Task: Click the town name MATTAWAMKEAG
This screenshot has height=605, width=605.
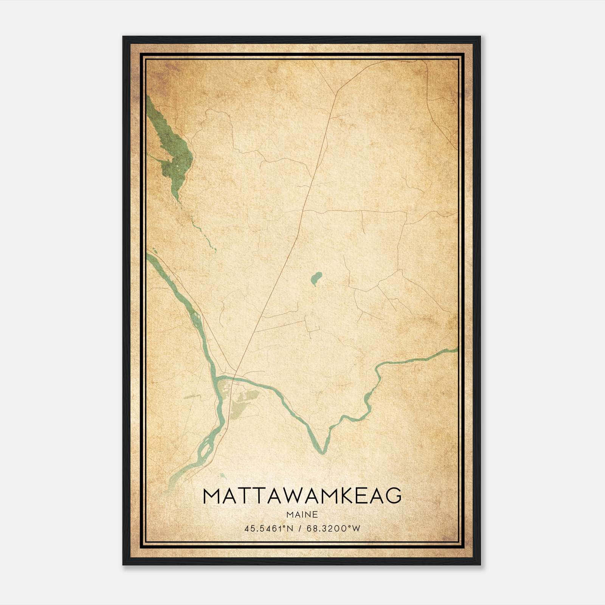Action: [x=302, y=496]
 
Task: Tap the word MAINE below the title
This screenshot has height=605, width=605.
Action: [x=302, y=515]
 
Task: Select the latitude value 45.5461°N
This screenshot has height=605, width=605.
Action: [x=269, y=528]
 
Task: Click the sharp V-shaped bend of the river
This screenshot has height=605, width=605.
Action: [x=322, y=450]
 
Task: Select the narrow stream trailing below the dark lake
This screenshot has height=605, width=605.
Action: [x=200, y=231]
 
